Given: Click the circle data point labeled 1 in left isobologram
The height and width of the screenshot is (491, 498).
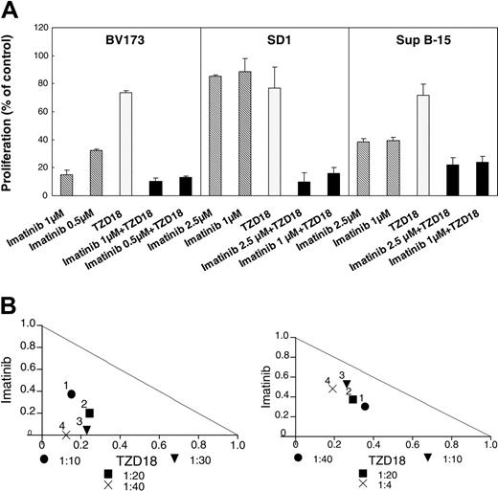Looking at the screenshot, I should [x=72, y=393].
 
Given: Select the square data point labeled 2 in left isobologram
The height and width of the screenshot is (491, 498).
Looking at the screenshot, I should [x=89, y=413].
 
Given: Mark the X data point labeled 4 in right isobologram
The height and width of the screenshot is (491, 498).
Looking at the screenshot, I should [x=333, y=388].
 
